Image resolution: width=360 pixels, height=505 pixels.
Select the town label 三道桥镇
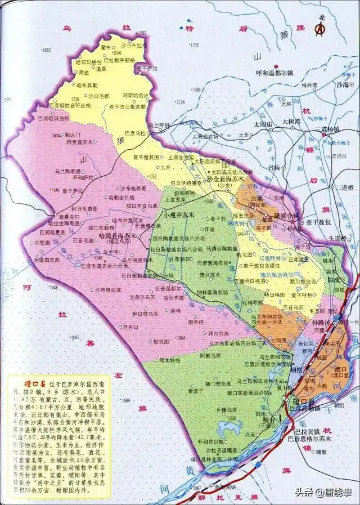click(x=330, y=129)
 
